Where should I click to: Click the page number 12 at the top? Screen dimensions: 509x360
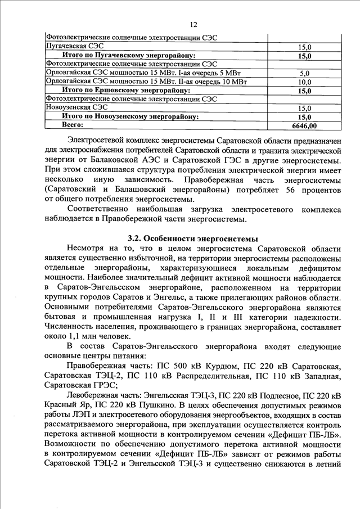pyautogui.click(x=194, y=24)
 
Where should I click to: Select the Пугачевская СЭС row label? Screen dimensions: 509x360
pyautogui.click(x=74, y=46)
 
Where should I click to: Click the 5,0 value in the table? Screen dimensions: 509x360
pyautogui.click(x=305, y=73)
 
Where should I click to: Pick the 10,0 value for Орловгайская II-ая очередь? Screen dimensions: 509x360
pyautogui.click(x=305, y=82)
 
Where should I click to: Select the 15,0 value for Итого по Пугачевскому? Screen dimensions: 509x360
pyautogui.click(x=305, y=56)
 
